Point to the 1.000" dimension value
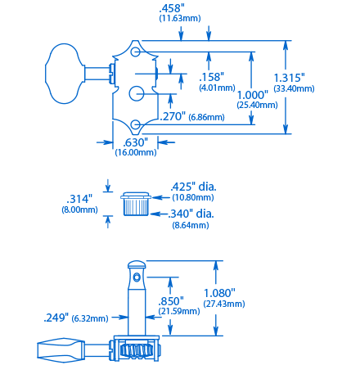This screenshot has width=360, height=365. pyautogui.click(x=253, y=94)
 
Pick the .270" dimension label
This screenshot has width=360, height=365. pyautogui.click(x=173, y=117)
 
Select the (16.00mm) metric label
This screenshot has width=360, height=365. pyautogui.click(x=136, y=152)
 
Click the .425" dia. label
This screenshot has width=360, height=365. pyautogui.click(x=193, y=187)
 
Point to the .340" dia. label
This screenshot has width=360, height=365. pyautogui.click(x=192, y=214)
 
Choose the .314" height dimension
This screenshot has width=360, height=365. pyautogui.click(x=79, y=199)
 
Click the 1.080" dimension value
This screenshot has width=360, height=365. pyautogui.click(x=220, y=292)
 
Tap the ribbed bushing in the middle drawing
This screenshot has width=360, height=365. pyautogui.click(x=135, y=205)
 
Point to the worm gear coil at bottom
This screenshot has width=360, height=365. pyautogui.click(x=137, y=350)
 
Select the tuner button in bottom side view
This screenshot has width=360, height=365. pyautogui.click(x=59, y=352)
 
